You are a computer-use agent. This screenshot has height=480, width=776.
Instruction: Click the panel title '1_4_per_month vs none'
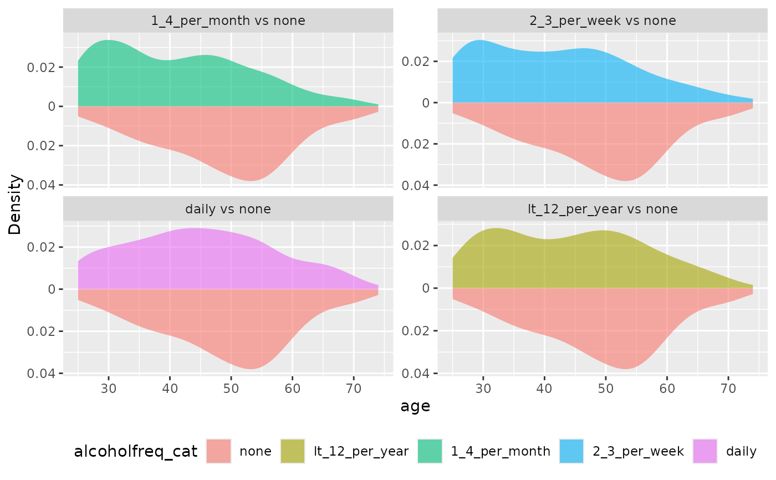click(x=228, y=21)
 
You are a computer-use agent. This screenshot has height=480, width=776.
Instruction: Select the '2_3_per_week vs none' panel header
click(x=603, y=21)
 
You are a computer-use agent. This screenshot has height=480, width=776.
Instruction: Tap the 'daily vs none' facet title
click(x=228, y=209)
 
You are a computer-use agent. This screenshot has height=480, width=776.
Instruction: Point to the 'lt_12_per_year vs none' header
click(x=603, y=209)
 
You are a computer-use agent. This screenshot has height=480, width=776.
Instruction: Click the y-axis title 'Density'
click(x=14, y=205)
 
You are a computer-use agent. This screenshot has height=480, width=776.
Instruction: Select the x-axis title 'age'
click(x=415, y=406)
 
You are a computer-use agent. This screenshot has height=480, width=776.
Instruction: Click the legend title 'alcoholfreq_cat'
click(x=136, y=451)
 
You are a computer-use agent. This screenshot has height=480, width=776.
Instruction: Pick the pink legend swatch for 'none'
click(x=218, y=451)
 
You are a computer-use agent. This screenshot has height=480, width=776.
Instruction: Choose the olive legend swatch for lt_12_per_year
click(x=293, y=451)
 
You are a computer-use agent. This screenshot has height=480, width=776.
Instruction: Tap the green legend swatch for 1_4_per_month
click(x=430, y=451)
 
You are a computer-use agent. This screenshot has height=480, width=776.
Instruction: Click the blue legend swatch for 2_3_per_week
click(x=571, y=451)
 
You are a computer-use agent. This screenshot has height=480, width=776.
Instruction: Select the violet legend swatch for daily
click(x=705, y=451)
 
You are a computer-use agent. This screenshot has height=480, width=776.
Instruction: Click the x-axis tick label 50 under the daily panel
click(x=231, y=389)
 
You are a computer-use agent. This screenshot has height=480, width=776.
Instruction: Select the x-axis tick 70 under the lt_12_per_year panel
click(x=728, y=389)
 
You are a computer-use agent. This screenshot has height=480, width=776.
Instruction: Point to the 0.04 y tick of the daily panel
click(x=41, y=374)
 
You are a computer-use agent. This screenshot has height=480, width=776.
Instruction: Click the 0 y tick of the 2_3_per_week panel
click(x=426, y=103)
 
